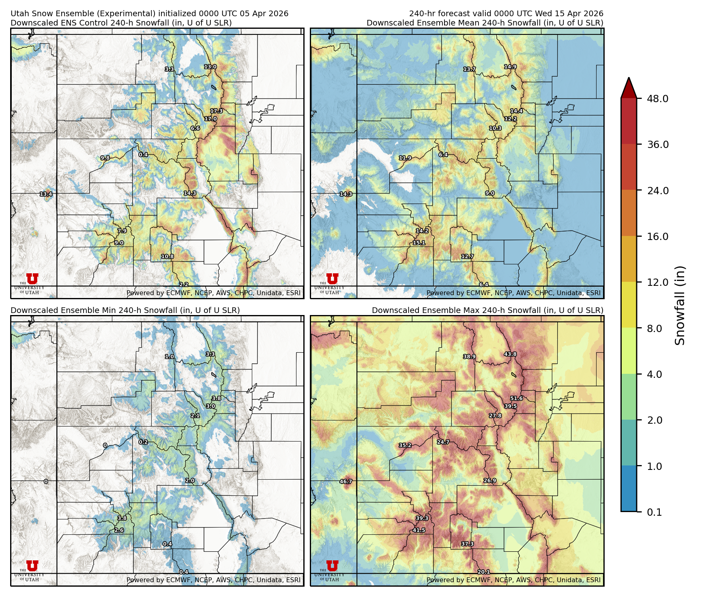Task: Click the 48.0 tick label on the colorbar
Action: (x=657, y=99)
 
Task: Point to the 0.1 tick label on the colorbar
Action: (x=654, y=512)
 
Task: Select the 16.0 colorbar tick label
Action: (x=657, y=236)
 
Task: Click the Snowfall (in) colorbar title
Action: (x=680, y=305)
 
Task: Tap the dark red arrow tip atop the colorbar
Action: (x=629, y=86)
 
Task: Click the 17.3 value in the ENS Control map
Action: (x=216, y=111)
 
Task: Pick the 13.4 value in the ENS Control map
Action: (x=46, y=194)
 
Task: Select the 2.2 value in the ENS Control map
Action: (x=184, y=285)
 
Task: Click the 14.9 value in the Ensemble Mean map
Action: (x=510, y=66)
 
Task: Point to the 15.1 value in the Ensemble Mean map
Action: (x=419, y=243)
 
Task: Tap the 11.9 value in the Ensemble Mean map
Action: (x=405, y=158)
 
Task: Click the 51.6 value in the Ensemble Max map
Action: (x=516, y=398)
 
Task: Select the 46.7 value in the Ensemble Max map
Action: (x=346, y=482)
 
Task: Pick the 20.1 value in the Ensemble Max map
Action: (x=483, y=572)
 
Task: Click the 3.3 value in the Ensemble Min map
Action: (x=210, y=354)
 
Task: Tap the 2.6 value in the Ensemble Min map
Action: (x=119, y=530)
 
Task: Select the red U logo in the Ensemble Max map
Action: (x=332, y=566)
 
